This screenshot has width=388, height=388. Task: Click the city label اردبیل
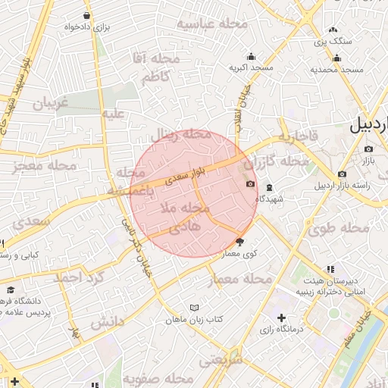[369, 126]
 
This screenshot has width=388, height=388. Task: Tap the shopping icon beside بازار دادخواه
[89, 15]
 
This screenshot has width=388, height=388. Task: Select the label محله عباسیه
[212, 23]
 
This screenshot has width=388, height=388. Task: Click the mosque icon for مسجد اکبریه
[251, 56]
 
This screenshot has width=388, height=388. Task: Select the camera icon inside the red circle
[249, 184]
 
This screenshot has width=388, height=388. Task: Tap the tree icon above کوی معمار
[240, 242]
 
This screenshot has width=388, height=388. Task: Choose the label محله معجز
[52, 165]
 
